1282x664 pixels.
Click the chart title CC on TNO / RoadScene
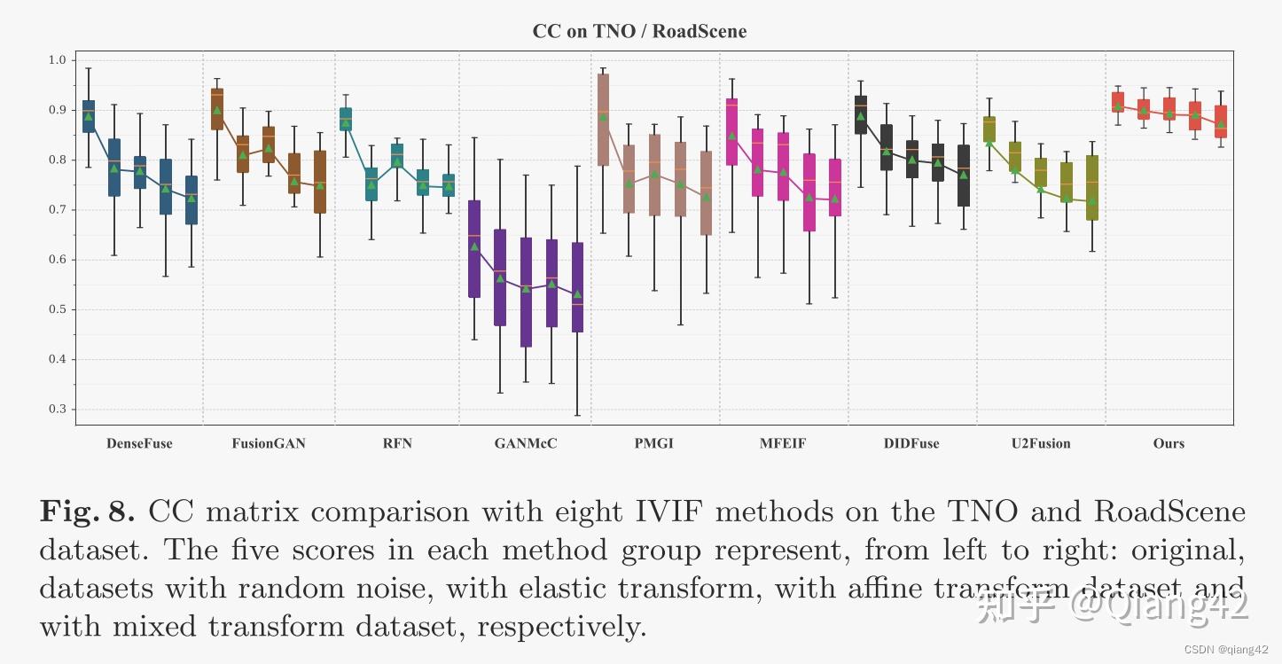tap(639, 32)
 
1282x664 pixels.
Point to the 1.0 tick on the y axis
tap(58, 60)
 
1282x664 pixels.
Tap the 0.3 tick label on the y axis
tap(58, 410)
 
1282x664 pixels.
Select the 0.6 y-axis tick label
tap(58, 260)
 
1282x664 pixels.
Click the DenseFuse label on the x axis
tap(139, 443)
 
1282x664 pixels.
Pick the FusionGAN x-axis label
tap(269, 443)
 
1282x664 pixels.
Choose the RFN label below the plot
tap(397, 443)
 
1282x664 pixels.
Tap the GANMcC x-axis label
tap(526, 443)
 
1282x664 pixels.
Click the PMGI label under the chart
tap(654, 443)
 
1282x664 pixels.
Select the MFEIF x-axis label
tap(783, 443)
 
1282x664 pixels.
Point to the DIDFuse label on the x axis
tap(911, 443)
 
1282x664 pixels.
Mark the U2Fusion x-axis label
tap(1041, 443)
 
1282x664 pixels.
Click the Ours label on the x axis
tap(1169, 443)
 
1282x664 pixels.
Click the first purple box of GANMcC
tap(474, 248)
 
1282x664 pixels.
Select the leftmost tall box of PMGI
tap(603, 120)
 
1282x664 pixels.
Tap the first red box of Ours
tap(1118, 102)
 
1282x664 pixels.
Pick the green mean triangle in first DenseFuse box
tap(88, 116)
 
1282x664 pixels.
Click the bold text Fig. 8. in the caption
tap(87, 512)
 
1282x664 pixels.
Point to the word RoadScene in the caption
tap(1169, 512)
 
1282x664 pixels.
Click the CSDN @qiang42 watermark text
tap(1232, 650)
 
